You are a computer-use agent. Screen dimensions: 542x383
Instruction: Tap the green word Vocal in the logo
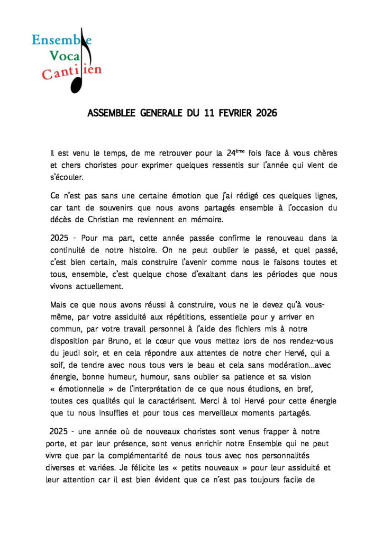(x=68, y=55)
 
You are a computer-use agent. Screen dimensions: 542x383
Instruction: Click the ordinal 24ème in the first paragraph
(x=236, y=153)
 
